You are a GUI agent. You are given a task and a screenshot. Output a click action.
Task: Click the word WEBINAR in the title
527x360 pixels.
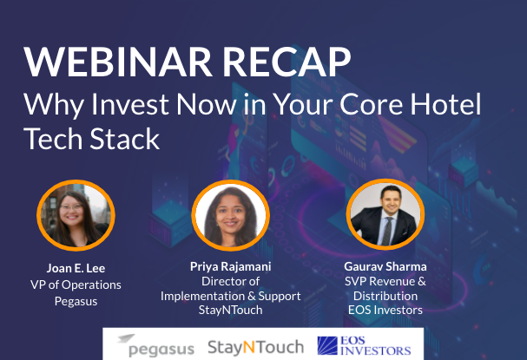[117, 62]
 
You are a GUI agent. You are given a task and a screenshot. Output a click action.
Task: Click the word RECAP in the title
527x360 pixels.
[287, 62]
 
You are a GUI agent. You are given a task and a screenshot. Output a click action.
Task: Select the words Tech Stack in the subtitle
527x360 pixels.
[91, 139]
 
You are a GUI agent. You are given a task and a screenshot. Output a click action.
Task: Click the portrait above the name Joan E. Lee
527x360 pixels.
[76, 215]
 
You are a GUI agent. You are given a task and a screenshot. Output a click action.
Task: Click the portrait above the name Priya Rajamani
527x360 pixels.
[231, 215]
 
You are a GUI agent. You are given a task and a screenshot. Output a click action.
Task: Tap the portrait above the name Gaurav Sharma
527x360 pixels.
[385, 214]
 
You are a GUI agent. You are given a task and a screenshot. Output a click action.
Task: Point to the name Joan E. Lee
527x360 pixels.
[76, 268]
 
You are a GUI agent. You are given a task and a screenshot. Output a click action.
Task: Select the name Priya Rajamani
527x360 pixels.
[231, 266]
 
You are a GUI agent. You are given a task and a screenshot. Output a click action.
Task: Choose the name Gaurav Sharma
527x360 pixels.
[385, 266]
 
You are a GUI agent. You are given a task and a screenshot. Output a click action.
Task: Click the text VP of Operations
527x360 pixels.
[76, 285]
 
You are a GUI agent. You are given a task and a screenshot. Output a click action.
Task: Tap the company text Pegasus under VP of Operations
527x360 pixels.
[76, 301]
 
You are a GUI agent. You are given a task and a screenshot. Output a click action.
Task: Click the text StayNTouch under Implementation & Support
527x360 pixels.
[231, 310]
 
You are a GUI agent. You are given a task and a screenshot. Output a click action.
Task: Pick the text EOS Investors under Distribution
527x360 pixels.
[385, 310]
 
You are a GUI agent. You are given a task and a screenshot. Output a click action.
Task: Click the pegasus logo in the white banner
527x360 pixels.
[156, 345]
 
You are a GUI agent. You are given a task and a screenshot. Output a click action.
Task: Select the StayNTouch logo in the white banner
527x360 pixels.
[256, 347]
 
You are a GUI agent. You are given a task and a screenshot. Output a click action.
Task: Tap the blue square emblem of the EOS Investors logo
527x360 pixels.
[327, 346]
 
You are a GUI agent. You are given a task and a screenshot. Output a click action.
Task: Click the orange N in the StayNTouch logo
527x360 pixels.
[249, 348]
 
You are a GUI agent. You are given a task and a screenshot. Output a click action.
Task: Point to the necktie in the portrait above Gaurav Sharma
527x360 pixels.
[387, 231]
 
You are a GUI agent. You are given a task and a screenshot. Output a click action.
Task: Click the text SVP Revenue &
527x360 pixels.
[385, 281]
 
